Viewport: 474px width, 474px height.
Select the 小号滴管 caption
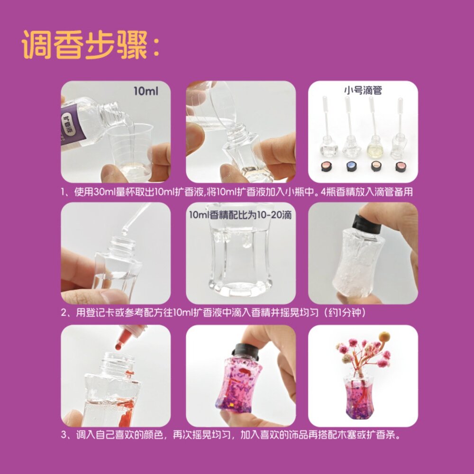pos(363,90)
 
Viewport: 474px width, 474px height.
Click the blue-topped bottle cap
pos(351,166)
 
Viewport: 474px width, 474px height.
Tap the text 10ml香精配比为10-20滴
pos(240,215)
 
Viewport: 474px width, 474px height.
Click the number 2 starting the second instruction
pos(64,314)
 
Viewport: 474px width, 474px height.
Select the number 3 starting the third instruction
pos(64,435)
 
